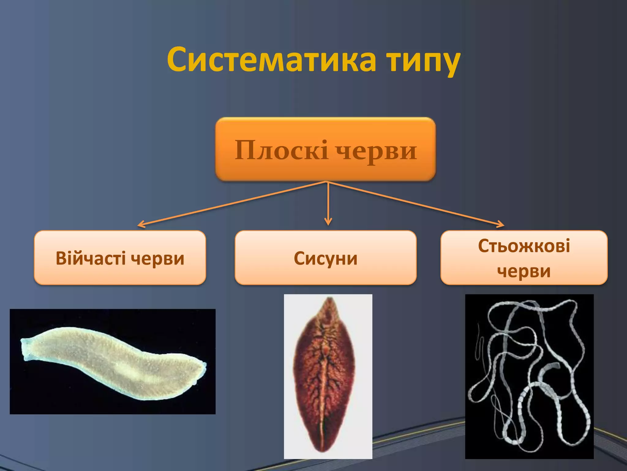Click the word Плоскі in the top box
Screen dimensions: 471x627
(281, 151)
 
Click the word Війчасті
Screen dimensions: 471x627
(91, 258)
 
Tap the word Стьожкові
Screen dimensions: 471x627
(524, 246)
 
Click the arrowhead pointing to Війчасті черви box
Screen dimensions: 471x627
(140, 225)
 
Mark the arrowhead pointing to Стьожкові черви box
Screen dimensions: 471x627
(501, 225)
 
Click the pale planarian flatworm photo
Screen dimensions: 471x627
(113, 362)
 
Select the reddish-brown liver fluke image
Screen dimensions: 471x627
(328, 376)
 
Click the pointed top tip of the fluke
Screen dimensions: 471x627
(329, 298)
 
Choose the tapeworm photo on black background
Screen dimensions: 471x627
(529, 376)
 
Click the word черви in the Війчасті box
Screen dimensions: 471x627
(158, 258)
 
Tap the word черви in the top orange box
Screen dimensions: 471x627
(376, 151)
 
